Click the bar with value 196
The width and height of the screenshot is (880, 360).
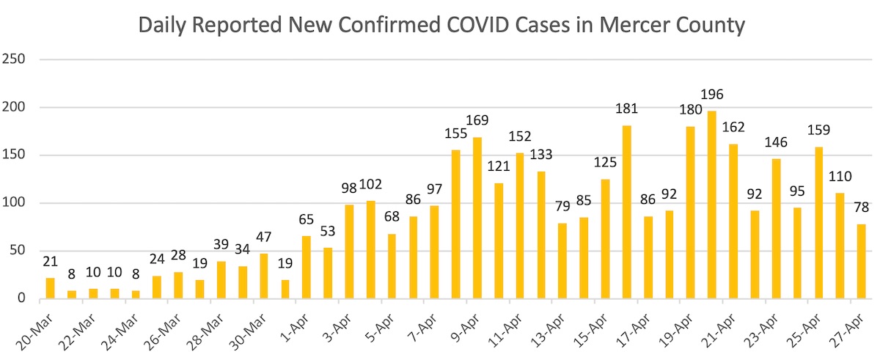tap(712, 205)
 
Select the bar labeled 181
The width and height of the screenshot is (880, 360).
tap(626, 212)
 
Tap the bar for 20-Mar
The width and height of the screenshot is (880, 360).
tap(50, 288)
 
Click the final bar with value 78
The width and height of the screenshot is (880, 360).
tap(861, 261)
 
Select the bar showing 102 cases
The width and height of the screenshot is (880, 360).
tap(370, 249)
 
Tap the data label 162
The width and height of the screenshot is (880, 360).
tap(733, 127)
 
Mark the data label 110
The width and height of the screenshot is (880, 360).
tap(840, 177)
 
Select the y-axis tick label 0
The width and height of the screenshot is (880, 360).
tap(21, 298)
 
